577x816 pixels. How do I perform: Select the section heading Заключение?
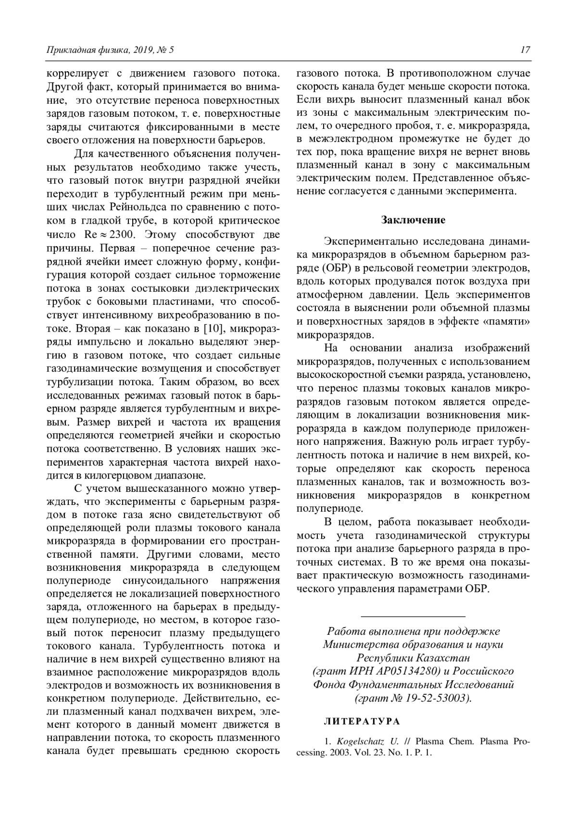[413, 220]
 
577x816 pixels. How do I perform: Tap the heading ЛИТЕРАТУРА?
[362, 721]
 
